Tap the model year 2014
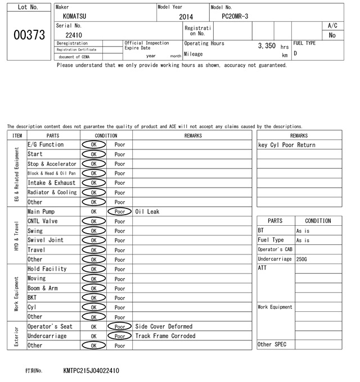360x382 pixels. pos(186,17)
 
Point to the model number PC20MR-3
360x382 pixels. pos(236,16)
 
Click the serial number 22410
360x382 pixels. pos(74,35)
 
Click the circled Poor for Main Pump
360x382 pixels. pos(119,212)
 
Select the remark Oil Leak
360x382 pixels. pos(147,212)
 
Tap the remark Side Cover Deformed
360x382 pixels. pos(164,326)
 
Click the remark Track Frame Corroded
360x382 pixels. pos(165,336)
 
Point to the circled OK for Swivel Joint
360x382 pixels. pos(93,240)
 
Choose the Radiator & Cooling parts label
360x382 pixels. pos(52,193)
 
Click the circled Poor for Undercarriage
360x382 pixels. pos(119,336)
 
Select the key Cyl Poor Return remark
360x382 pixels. pos(286,145)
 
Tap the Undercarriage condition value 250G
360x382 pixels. pos(302,260)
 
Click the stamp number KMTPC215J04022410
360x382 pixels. pos(91,371)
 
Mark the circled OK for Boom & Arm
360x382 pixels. pos(93,288)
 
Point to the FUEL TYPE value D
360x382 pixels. pos(295,53)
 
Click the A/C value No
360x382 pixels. pos(332,35)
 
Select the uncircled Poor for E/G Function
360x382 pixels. pos(120,145)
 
